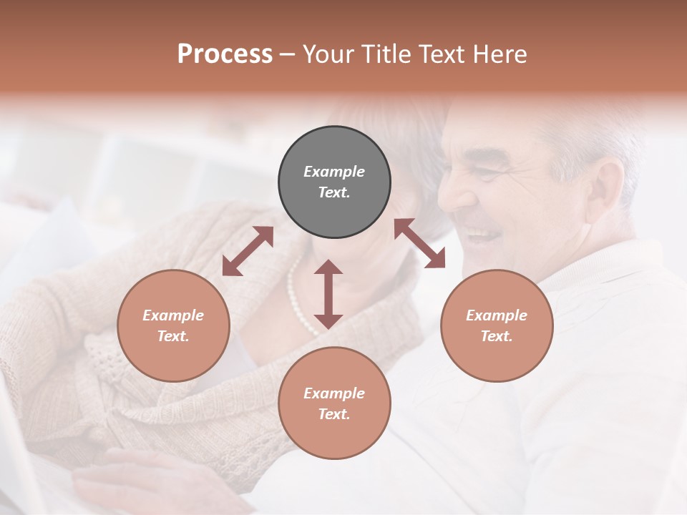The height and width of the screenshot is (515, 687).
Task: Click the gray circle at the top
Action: [x=334, y=182]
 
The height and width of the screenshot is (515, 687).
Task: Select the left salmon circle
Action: [x=173, y=325]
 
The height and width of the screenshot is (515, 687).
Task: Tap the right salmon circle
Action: [x=497, y=325]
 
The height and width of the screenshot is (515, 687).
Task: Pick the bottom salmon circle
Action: [x=334, y=403]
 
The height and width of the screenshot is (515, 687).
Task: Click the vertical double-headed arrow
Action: [x=328, y=294]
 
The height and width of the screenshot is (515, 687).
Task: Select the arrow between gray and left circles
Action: [x=248, y=252]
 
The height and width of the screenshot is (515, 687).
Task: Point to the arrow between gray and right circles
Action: [x=419, y=243]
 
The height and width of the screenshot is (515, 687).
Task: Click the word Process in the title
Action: [x=225, y=54]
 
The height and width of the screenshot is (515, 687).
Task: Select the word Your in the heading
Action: [x=328, y=54]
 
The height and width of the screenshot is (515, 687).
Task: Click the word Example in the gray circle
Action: [x=334, y=172]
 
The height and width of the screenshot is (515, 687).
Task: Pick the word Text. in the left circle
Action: [x=173, y=336]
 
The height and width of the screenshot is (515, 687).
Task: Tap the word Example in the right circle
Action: [x=497, y=315]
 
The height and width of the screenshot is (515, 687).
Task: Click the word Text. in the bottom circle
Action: [x=334, y=414]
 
